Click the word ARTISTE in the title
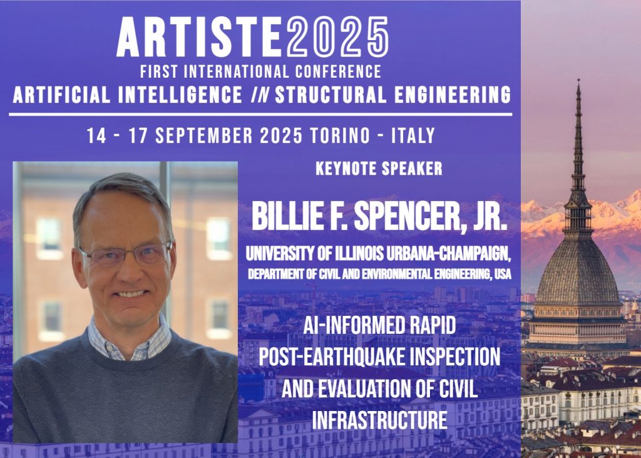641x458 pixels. point(199,37)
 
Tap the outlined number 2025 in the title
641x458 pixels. point(337,37)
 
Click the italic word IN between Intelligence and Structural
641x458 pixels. point(259,95)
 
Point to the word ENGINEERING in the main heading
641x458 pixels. point(453,95)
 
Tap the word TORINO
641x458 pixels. point(340,135)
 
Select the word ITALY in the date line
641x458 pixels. point(413,135)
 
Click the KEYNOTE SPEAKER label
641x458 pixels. point(379,169)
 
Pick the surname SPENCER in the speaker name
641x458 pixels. point(409,216)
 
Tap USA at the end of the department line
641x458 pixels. point(503,274)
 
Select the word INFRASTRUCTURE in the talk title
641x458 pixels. point(379,420)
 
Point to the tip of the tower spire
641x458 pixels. point(578,80)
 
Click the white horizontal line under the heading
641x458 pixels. point(260,115)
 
